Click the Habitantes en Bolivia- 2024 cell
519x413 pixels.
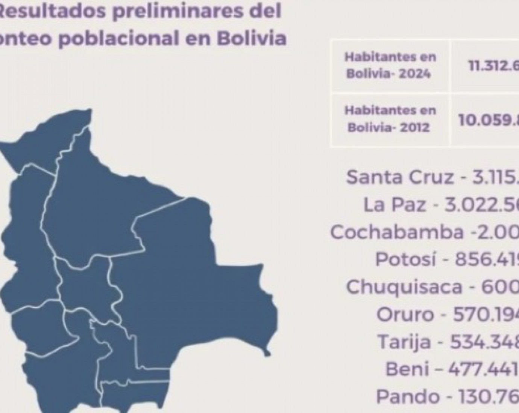[x=390, y=65]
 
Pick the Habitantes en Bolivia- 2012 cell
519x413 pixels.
[x=390, y=119]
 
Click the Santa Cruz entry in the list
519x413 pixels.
[x=432, y=177]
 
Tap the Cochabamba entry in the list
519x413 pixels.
[x=425, y=232]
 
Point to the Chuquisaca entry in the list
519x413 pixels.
[x=432, y=287]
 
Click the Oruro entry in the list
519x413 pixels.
[x=448, y=314]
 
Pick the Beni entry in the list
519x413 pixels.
[x=452, y=369]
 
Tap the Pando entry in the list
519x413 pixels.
[x=448, y=396]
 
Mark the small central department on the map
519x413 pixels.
[x=85, y=287]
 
